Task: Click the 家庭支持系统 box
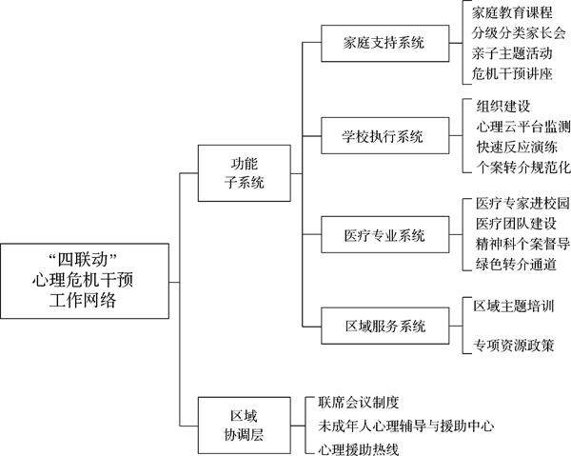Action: pos(384,44)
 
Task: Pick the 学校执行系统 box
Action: pos(384,135)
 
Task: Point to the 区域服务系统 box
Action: pos(384,327)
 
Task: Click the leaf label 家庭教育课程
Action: pos(512,13)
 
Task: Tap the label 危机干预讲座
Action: pos(512,73)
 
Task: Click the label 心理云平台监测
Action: pos(523,127)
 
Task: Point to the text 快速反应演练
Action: pos(517,147)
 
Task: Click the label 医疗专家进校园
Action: pos(522,204)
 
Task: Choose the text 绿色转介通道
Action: pos(516,263)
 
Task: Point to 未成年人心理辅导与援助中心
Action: pos(405,425)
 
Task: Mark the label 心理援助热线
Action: pos(358,446)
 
